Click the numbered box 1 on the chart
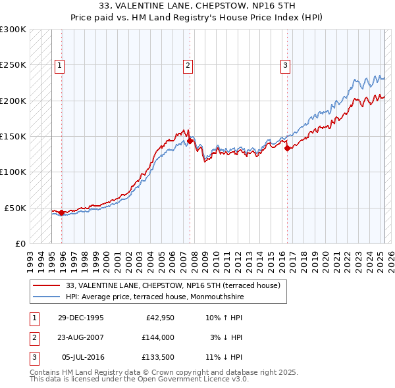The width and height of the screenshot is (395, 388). pyautogui.click(x=59, y=65)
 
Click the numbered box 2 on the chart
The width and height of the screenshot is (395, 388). pyautogui.click(x=188, y=65)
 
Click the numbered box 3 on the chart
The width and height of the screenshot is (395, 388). pyautogui.click(x=285, y=65)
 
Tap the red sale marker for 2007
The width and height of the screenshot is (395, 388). pyautogui.click(x=190, y=141)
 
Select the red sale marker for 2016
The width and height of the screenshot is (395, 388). pyautogui.click(x=287, y=148)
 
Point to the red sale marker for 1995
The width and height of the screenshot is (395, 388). pyautogui.click(x=61, y=212)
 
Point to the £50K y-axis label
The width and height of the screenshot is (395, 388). pyautogui.click(x=15, y=208)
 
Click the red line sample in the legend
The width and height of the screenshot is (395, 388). pyautogui.click(x=47, y=285)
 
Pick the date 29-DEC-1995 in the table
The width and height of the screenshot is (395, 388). pyautogui.click(x=80, y=318)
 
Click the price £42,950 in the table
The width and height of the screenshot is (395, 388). pyautogui.click(x=159, y=318)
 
